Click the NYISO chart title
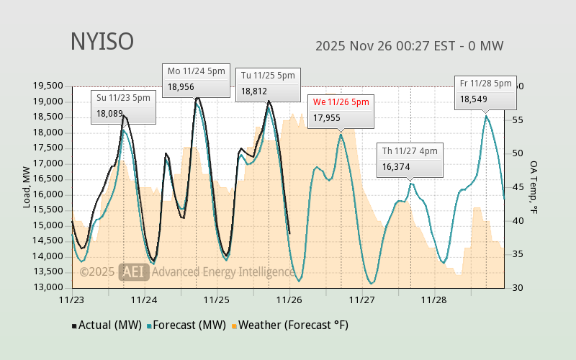click(102, 42)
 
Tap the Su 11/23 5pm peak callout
click(123, 106)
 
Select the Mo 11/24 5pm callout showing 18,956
click(197, 79)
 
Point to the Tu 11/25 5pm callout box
click(268, 84)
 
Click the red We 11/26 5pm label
click(341, 102)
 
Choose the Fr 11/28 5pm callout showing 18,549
click(486, 91)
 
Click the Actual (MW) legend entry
click(106, 325)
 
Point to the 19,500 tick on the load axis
click(48, 86)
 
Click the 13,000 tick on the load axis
click(48, 287)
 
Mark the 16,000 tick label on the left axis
click(48, 194)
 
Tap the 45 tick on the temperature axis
click(517, 187)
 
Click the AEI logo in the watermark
click(133, 271)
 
